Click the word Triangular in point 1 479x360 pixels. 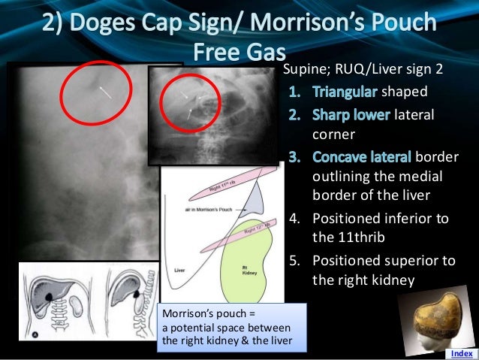point(346,95)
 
